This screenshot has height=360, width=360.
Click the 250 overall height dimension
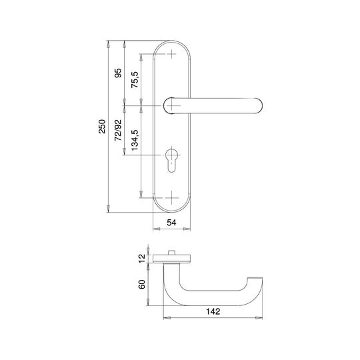(x=102, y=126)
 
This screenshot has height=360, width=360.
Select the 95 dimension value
(x=118, y=73)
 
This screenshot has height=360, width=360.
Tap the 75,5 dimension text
(x=135, y=80)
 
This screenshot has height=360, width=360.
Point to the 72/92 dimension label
(x=118, y=130)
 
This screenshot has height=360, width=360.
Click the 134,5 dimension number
(x=135, y=140)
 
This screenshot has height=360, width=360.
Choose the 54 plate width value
(x=171, y=223)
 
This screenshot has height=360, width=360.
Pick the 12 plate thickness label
(x=143, y=258)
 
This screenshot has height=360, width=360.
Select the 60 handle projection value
(x=143, y=284)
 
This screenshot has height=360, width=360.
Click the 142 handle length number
(x=213, y=311)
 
